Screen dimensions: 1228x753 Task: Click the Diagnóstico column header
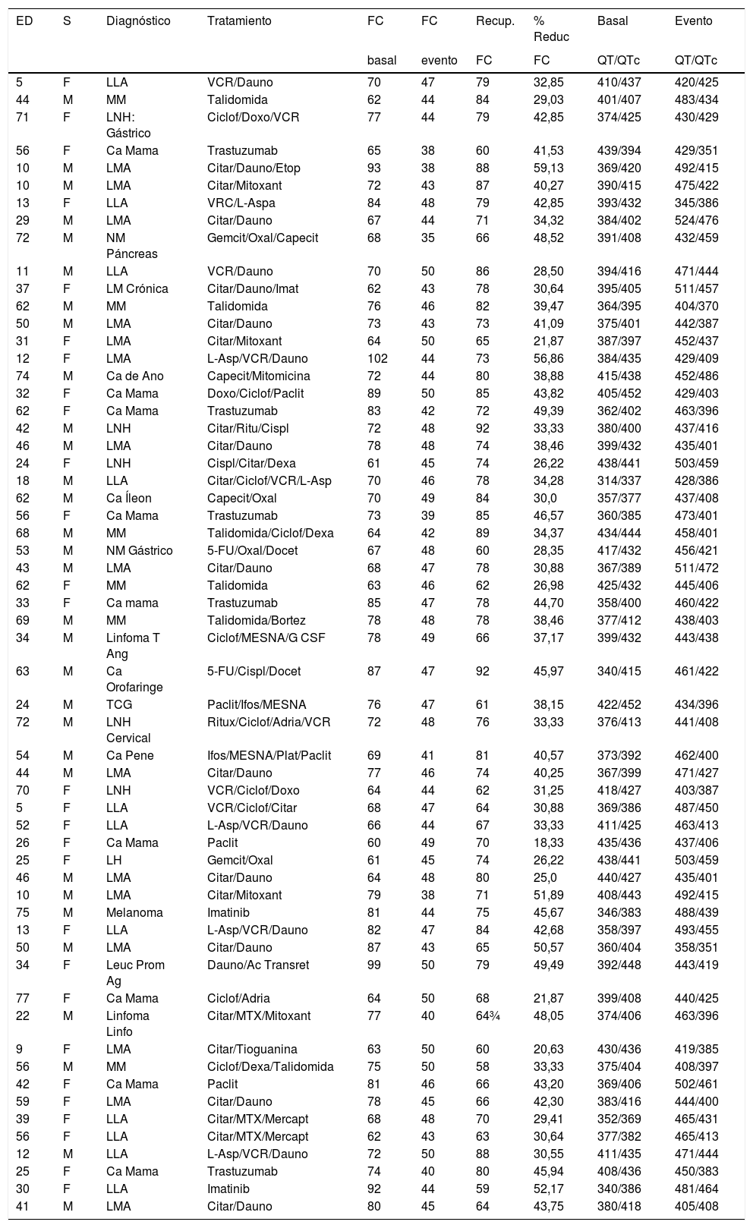[138, 21]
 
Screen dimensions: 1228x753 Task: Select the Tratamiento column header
[239, 21]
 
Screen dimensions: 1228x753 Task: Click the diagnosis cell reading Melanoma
[134, 912]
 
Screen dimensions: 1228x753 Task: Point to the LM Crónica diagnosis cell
[137, 288]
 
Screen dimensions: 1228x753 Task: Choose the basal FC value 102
[377, 358]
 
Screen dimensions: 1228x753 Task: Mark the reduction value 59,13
[549, 168]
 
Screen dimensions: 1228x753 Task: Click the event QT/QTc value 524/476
[696, 220]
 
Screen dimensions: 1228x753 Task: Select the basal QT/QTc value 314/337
[619, 480]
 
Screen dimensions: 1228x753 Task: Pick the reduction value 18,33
[549, 842]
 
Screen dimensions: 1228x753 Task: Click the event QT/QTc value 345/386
[696, 203]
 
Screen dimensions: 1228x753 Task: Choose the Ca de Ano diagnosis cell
[134, 376]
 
